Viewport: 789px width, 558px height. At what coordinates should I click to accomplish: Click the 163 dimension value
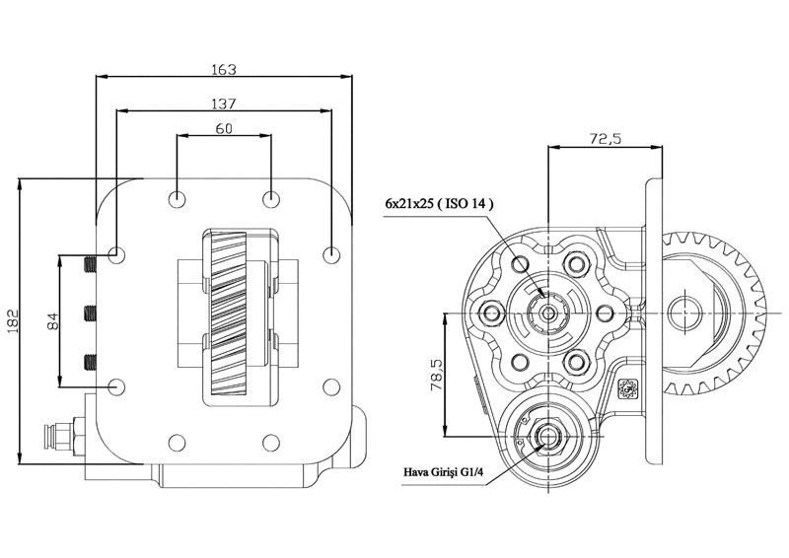[x=224, y=69]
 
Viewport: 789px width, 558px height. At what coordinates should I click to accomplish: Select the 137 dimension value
[x=223, y=103]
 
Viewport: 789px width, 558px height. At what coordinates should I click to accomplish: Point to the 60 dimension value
[x=223, y=128]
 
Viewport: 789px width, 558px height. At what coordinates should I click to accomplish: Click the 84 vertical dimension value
[x=53, y=320]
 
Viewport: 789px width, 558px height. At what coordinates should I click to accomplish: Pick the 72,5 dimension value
[x=604, y=139]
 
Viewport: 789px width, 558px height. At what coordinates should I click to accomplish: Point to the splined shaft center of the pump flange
[x=545, y=314]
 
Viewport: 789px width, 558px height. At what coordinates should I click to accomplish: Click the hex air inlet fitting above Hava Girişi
[x=546, y=437]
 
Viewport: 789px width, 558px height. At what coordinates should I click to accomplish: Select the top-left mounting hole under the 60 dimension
[x=177, y=199]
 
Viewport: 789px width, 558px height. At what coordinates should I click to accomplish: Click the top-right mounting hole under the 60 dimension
[x=270, y=199]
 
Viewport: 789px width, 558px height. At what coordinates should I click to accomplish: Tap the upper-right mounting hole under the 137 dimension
[x=331, y=253]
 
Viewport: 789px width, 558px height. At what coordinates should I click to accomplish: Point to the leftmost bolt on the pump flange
[x=487, y=314]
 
